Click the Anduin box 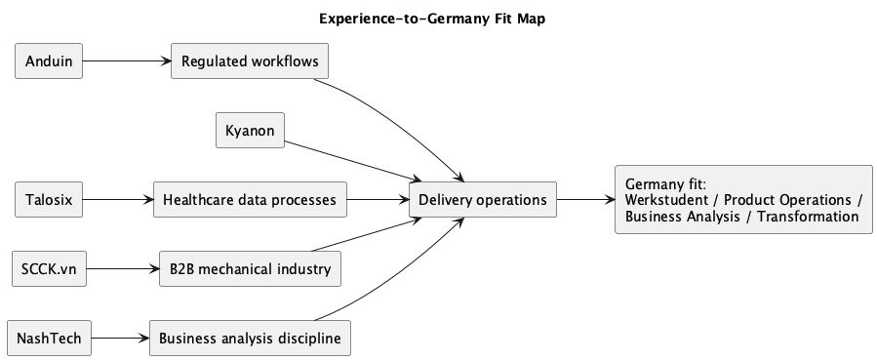[x=49, y=61]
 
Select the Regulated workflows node [x=249, y=61]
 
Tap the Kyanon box [x=250, y=131]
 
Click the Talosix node [x=49, y=200]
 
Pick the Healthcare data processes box [x=250, y=200]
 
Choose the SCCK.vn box [x=49, y=269]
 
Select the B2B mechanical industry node [x=250, y=269]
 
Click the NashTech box [x=49, y=339]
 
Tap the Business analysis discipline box [x=250, y=339]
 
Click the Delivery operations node [x=483, y=200]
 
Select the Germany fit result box [x=743, y=200]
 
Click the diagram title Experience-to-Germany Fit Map [x=439, y=18]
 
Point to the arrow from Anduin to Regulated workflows [x=126, y=61]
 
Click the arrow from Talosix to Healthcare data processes [x=117, y=200]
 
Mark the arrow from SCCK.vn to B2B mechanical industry [x=122, y=269]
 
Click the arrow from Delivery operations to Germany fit [x=585, y=200]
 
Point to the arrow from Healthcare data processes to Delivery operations [x=377, y=200]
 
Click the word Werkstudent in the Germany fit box [x=665, y=200]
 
